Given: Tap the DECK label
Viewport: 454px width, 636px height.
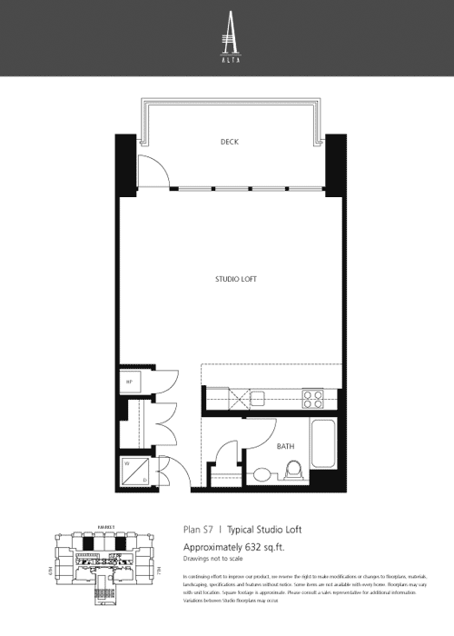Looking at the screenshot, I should [230, 142].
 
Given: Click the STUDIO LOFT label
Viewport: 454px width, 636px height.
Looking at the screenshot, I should [229, 279].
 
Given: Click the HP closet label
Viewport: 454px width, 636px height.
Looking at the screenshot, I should [129, 383].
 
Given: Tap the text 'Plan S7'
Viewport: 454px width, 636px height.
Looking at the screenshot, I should [198, 529].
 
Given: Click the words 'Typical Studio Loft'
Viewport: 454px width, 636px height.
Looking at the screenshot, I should [263, 529].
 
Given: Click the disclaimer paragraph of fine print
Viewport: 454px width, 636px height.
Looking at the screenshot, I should [304, 590].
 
